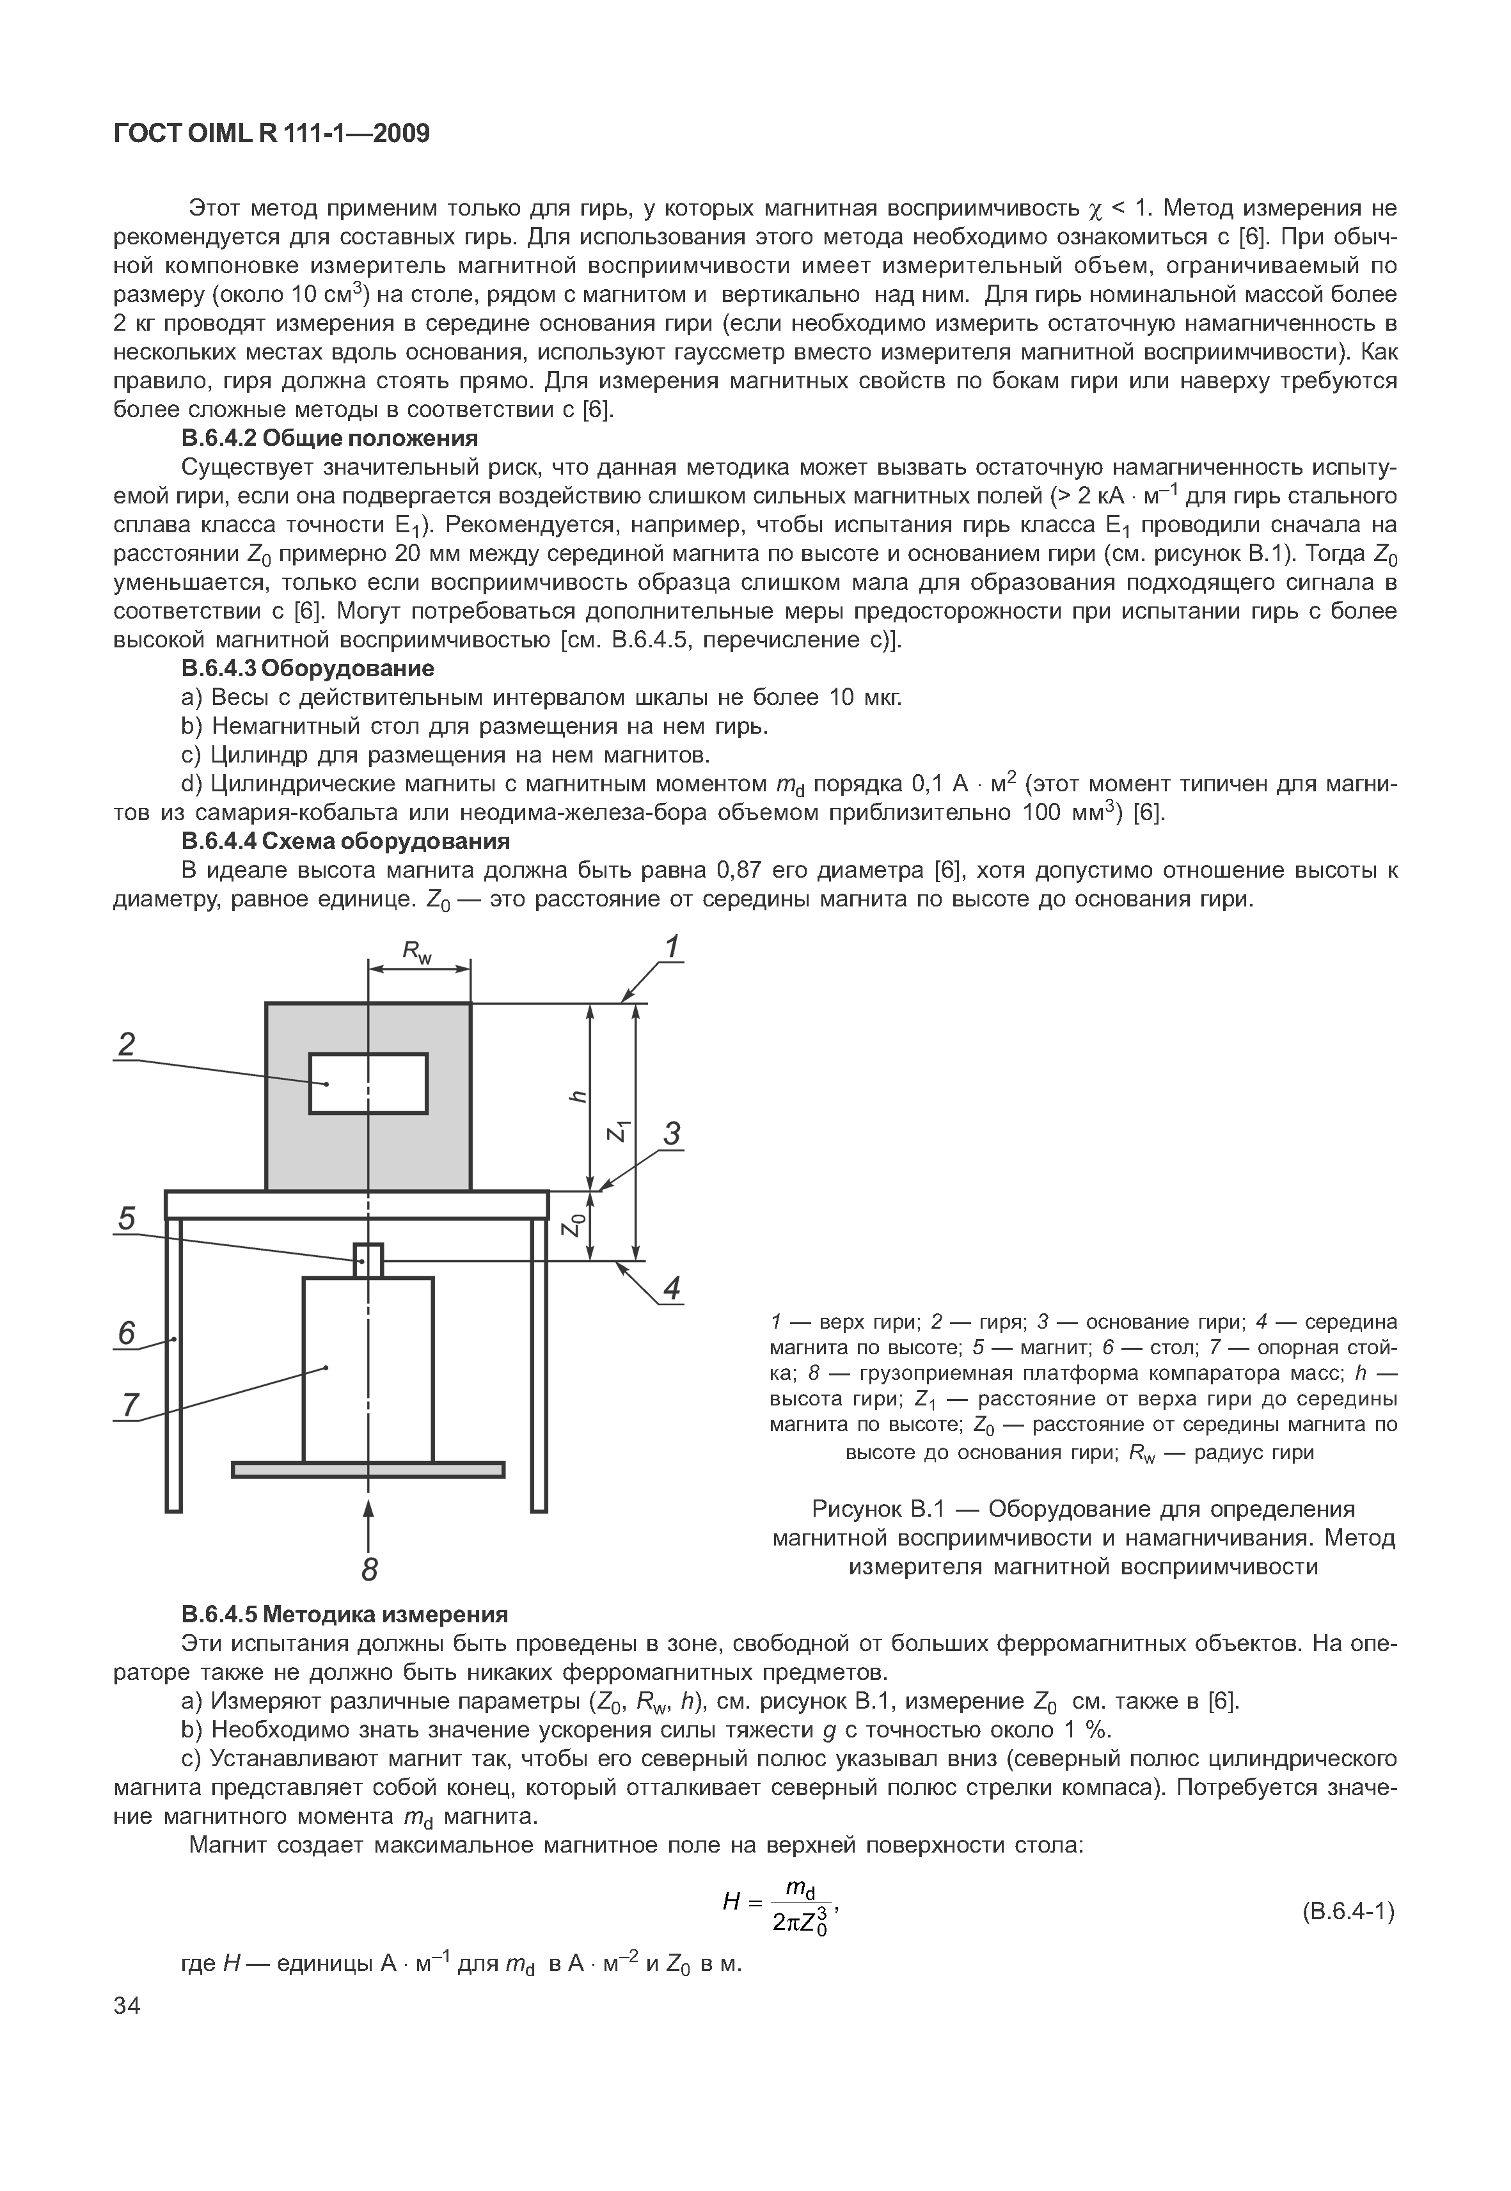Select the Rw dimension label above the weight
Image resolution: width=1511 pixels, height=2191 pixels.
point(416,953)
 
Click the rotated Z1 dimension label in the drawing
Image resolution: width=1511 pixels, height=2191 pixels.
point(617,1130)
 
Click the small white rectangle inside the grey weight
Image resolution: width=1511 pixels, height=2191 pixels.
point(368,1083)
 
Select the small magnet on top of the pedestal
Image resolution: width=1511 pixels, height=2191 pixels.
point(368,1260)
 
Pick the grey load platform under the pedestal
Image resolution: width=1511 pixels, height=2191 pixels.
point(368,1469)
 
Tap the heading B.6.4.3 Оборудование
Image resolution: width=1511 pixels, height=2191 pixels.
point(308,668)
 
